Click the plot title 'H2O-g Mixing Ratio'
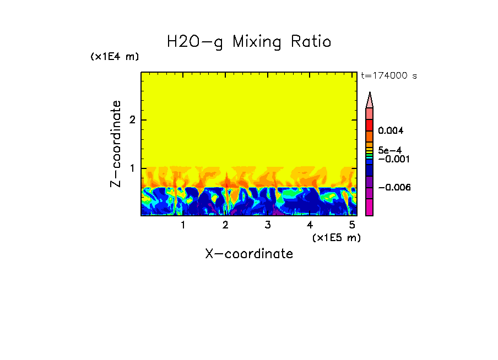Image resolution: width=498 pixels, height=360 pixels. (x=249, y=42)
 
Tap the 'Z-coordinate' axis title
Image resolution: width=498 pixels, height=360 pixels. (x=116, y=144)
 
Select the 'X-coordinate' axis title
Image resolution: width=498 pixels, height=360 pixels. (x=249, y=254)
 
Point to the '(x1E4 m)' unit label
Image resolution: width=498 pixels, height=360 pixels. (x=115, y=57)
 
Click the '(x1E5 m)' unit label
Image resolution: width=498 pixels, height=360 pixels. (x=336, y=237)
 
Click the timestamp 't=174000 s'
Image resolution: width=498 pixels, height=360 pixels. (x=389, y=75)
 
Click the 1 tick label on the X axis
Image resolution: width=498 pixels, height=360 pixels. (x=183, y=225)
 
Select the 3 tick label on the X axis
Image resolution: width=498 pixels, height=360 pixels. (x=267, y=225)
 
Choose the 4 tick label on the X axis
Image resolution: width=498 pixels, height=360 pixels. (x=310, y=225)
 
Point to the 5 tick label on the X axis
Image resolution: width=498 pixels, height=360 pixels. (x=352, y=225)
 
